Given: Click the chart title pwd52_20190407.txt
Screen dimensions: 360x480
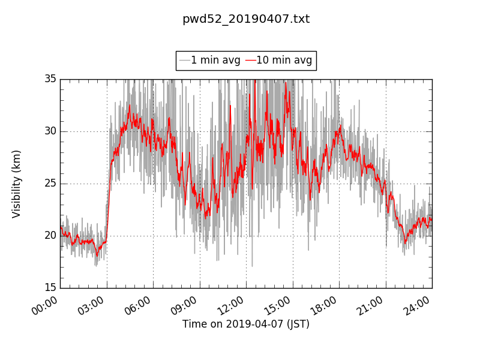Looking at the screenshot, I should click(246, 19).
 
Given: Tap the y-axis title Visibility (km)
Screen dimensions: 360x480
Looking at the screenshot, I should click(17, 184).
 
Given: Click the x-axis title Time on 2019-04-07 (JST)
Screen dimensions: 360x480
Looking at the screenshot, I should click(246, 324).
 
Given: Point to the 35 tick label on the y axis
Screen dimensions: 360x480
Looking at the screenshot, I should click(50, 79).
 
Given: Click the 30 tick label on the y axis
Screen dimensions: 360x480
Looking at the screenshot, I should click(50, 131).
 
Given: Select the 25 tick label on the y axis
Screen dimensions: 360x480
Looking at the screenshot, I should click(50, 184).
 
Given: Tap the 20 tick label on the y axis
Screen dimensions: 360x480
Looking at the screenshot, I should click(50, 236).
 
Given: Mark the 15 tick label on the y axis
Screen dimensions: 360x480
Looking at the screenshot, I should click(50, 288).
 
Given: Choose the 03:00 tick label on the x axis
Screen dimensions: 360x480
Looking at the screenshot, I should click(93, 305).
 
